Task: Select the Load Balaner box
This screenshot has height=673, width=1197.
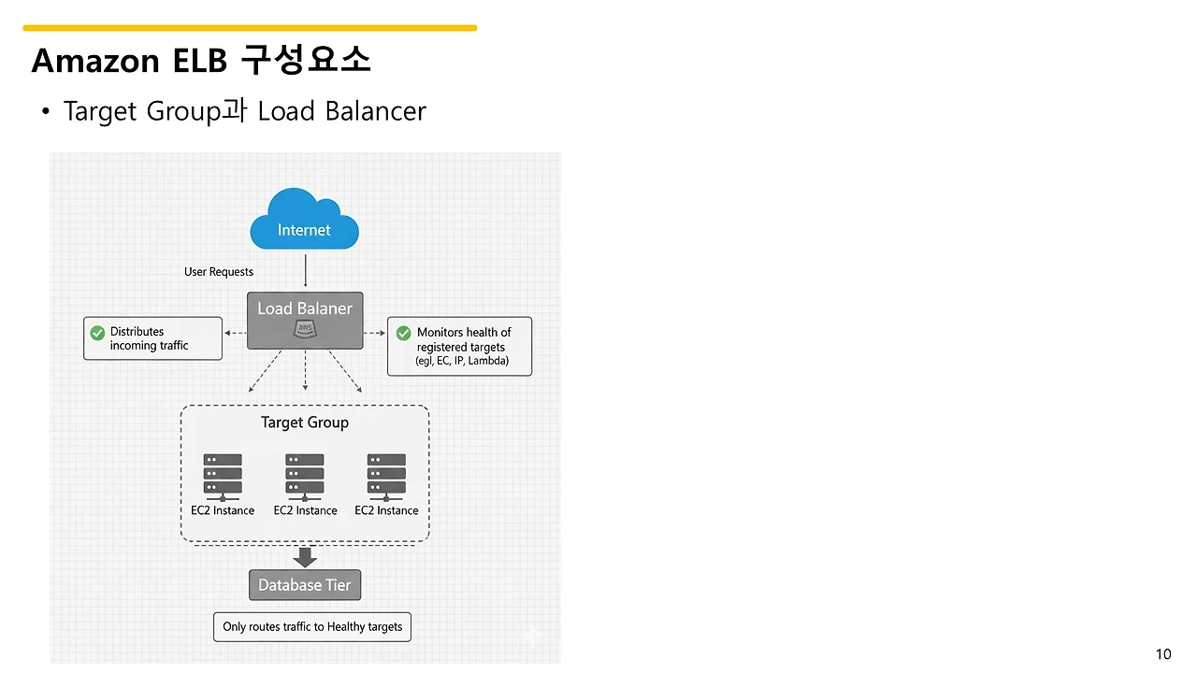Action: [x=305, y=321]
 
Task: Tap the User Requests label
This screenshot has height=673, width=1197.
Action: [x=219, y=272]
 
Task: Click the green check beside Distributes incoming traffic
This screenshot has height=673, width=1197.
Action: [x=97, y=333]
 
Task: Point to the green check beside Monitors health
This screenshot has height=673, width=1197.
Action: [x=404, y=333]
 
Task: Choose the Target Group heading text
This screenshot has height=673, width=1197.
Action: [x=305, y=422]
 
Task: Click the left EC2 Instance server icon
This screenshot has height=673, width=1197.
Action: [x=223, y=476]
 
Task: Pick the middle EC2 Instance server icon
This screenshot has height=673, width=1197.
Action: [x=305, y=476]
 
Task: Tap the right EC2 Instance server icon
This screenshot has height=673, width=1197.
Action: [x=386, y=476]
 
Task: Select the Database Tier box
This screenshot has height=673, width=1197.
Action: [x=305, y=585]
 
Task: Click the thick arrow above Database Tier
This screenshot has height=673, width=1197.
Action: [x=305, y=557]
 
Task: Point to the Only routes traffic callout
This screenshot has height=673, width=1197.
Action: [x=312, y=626]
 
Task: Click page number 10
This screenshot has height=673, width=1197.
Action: [x=1163, y=654]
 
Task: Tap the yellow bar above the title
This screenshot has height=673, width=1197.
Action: [x=250, y=28]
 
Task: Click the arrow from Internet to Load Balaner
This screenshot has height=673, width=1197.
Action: [x=306, y=270]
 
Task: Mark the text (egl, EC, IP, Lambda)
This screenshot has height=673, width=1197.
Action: [x=462, y=361]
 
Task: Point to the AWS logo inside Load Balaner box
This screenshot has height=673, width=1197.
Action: [x=305, y=328]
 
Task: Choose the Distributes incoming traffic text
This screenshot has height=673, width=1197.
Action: [x=150, y=338]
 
